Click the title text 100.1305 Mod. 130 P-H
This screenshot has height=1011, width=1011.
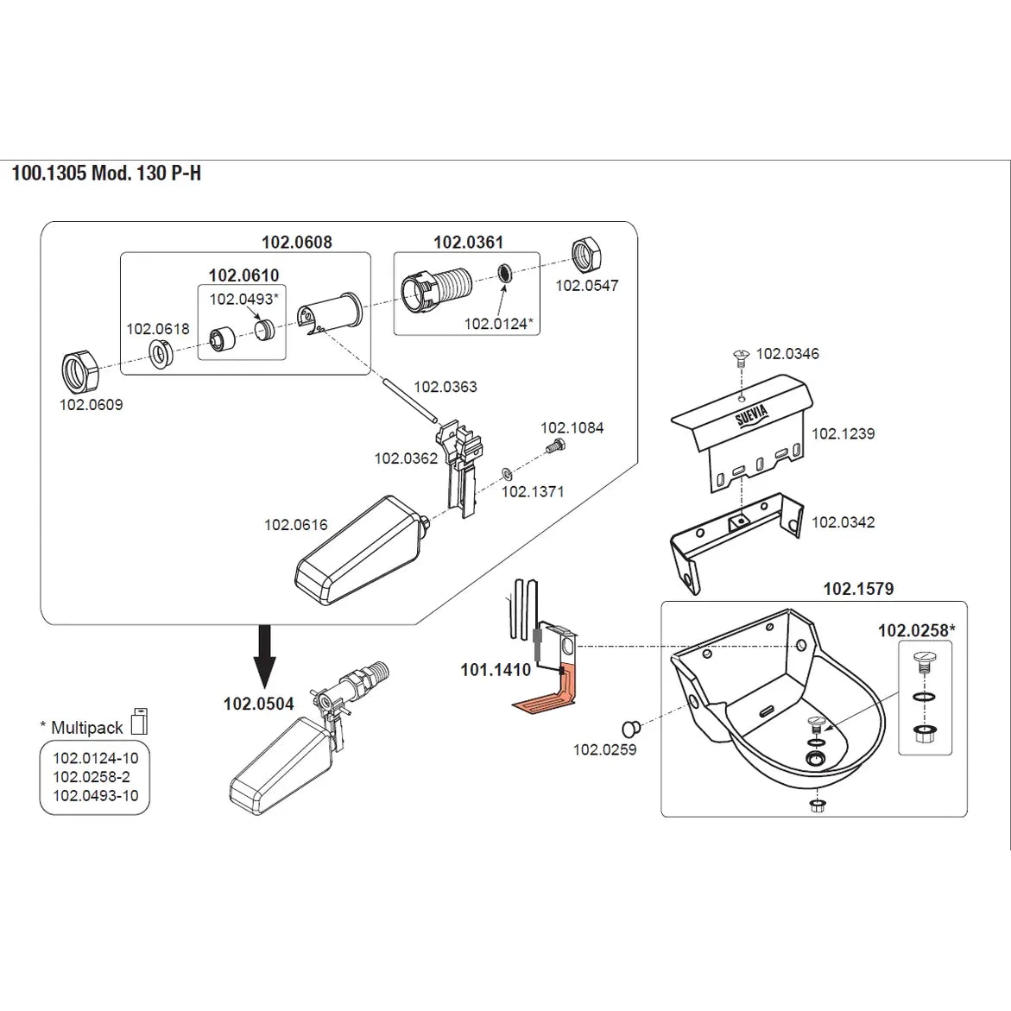tap(106, 174)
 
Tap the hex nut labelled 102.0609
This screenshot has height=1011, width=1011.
tap(79, 371)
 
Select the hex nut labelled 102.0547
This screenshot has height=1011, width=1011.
tap(587, 256)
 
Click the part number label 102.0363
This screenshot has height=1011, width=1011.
tap(445, 387)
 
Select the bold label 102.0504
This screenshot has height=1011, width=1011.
tap(258, 704)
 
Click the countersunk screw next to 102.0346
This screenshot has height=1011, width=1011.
tap(741, 357)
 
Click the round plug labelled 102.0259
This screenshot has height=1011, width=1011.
tap(630, 729)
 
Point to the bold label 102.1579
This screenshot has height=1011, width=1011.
tap(858, 589)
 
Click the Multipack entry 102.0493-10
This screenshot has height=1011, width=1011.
tap(96, 796)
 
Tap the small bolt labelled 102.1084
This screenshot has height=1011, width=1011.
tap(555, 445)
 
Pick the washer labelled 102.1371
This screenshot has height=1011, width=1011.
tap(507, 475)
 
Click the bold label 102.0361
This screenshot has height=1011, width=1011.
tap(468, 243)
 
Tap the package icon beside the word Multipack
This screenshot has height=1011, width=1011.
tap(139, 722)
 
